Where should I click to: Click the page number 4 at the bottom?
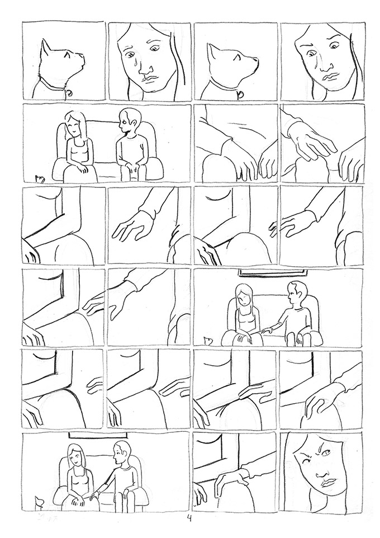pyautogui.click(x=191, y=519)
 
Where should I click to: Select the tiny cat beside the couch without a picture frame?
pyautogui.click(x=40, y=179)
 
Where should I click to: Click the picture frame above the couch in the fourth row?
pyautogui.click(x=274, y=272)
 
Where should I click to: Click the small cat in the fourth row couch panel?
pyautogui.click(x=208, y=340)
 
